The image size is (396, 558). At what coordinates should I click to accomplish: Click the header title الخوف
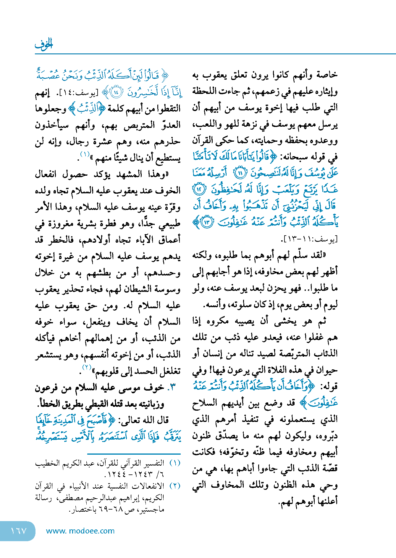pos(44,44)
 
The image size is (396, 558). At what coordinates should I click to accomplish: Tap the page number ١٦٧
pos(18,531)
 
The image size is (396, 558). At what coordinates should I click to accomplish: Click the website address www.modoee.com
pos(80,531)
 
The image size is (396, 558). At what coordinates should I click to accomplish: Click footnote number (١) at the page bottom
pos(175,463)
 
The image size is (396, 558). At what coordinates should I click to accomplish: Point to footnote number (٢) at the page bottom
pos(175,486)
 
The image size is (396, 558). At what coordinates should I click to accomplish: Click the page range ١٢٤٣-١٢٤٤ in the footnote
pos(130,474)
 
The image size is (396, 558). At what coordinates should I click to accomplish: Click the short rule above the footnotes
pos(134,453)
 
